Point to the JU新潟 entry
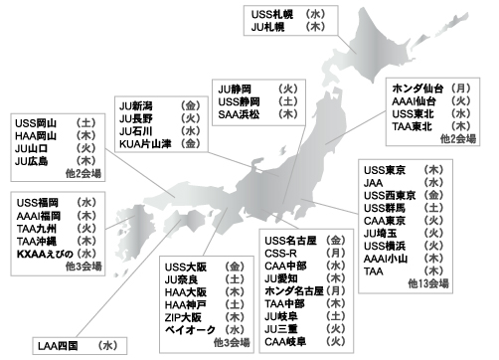(138, 104)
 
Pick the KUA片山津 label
(146, 144)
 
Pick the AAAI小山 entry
(389, 258)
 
